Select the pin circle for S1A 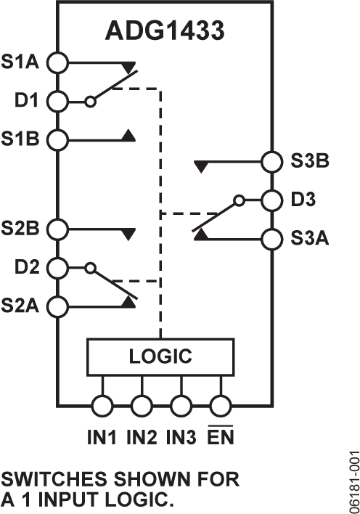tap(58, 63)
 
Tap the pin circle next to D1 tap(58, 101)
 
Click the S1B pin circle tap(58, 138)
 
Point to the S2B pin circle tap(58, 229)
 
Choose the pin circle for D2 tap(58, 267)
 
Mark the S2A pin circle tap(58, 304)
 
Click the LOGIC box tap(161, 356)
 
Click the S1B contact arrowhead tap(128, 134)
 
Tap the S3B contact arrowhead tap(201, 166)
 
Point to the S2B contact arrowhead tap(128, 234)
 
